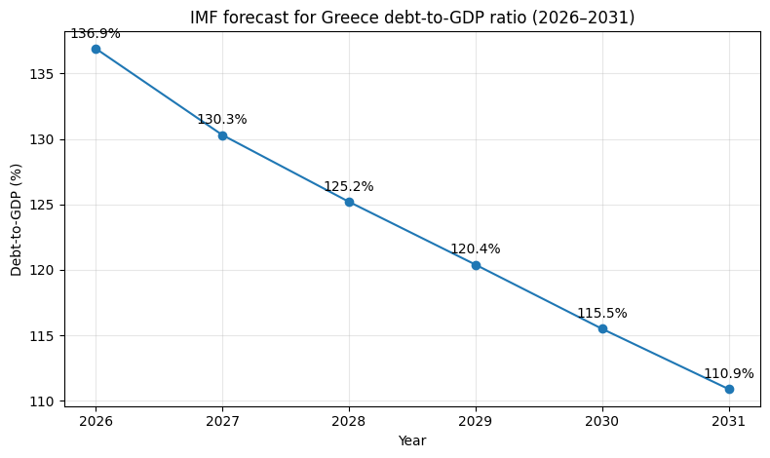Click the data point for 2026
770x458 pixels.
96,49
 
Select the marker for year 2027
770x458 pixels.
222,135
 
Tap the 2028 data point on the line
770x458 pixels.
349,203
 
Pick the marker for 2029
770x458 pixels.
476,266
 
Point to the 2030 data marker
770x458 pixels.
602,329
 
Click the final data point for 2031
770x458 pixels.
729,389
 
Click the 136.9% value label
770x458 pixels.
96,34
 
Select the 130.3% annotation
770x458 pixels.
222,120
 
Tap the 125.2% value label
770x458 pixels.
349,187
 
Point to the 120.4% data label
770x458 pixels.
476,249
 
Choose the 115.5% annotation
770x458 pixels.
602,313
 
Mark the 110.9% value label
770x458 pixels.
729,374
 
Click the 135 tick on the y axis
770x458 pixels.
44,74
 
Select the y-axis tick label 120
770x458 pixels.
44,271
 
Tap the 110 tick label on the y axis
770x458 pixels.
44,401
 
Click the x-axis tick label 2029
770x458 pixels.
476,422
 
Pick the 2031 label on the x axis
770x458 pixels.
729,422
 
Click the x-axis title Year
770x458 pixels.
412,440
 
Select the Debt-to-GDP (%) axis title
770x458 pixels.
17,220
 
